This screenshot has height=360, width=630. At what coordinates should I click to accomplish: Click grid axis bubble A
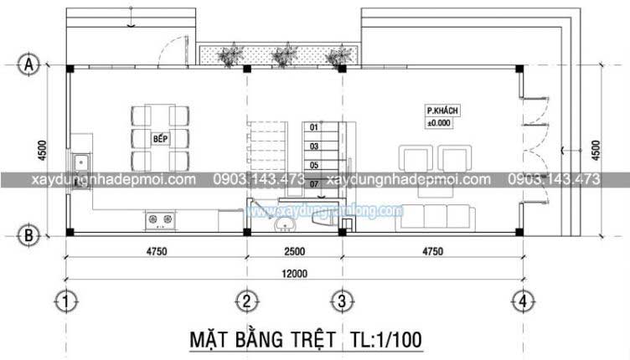coord(29,64)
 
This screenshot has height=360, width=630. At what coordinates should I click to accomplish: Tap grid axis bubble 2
coord(246,300)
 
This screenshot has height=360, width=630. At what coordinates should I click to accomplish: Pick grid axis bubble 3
coord(341,300)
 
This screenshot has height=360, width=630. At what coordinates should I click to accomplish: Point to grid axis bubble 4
coord(522,300)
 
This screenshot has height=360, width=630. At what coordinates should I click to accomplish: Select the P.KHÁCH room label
coord(445,111)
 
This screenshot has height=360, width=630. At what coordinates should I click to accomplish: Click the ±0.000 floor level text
coord(439,123)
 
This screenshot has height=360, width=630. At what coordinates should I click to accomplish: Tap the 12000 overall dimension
coord(295,273)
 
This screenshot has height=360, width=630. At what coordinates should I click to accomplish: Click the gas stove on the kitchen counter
coord(161,220)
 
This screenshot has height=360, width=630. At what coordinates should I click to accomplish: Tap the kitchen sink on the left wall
coord(82,161)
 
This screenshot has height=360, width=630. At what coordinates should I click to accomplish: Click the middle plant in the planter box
coord(282,57)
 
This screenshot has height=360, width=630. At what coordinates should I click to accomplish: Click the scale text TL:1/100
coord(382,339)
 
